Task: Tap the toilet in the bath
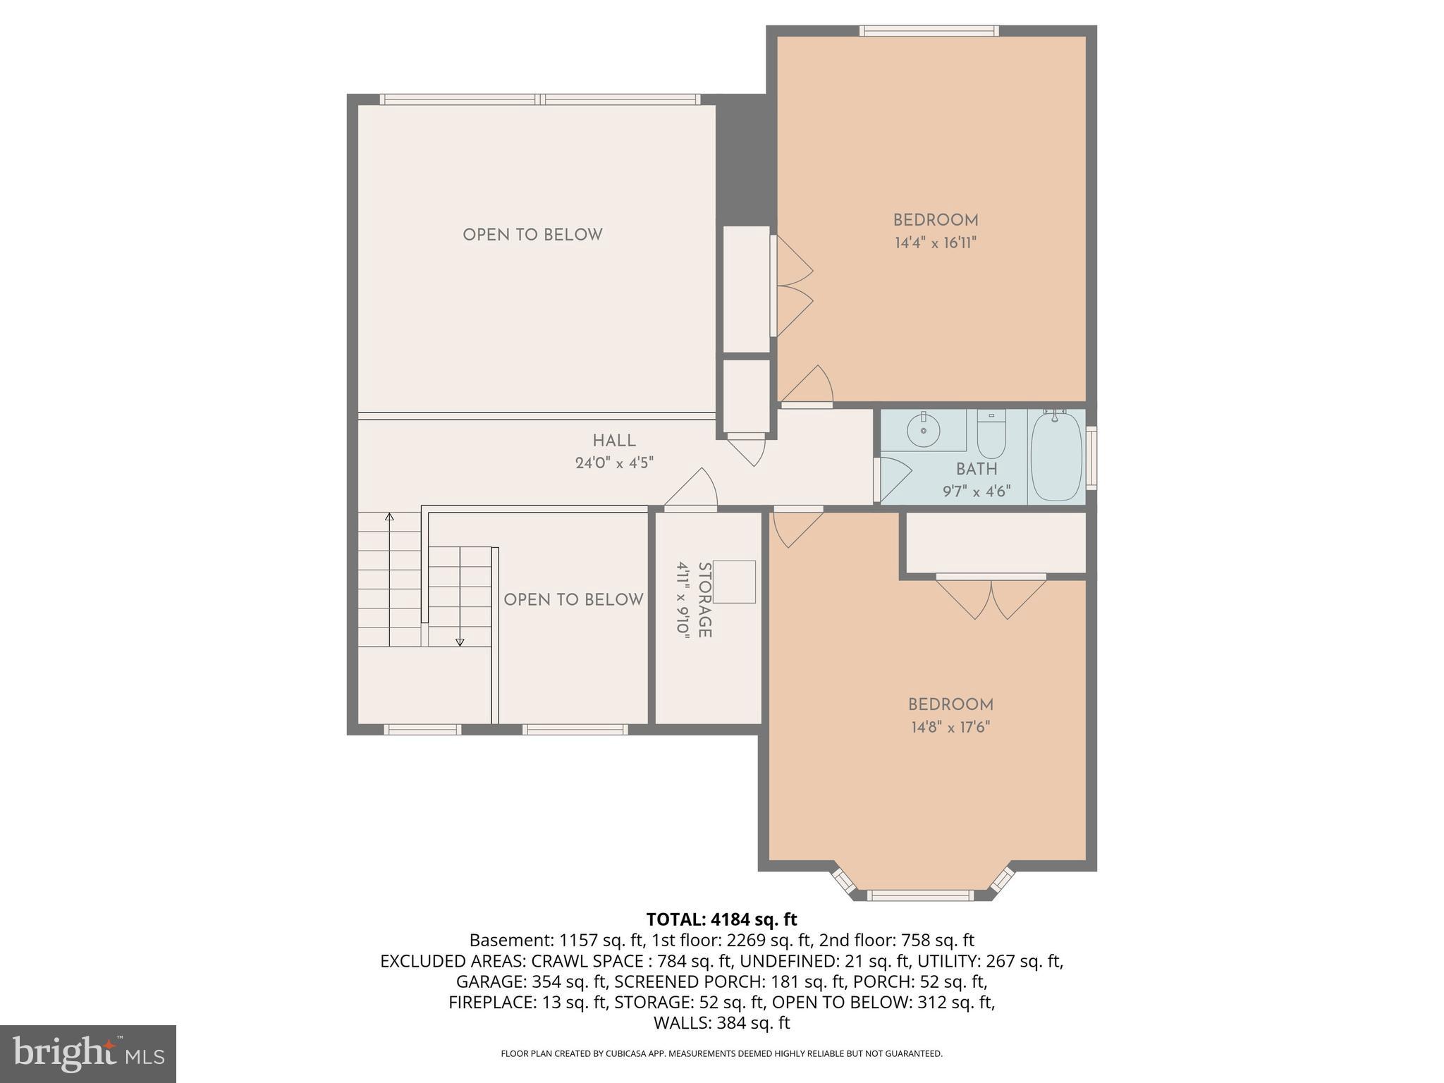[991, 436]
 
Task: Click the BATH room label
[977, 469]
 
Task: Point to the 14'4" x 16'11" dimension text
[936, 243]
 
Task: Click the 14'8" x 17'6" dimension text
[950, 727]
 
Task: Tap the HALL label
[614, 441]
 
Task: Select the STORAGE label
[704, 600]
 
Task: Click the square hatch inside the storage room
[735, 582]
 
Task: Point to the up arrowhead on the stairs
[389, 517]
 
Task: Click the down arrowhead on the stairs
[460, 642]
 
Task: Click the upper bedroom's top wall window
[929, 31]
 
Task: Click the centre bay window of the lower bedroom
[919, 895]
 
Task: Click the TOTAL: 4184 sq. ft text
[721, 919]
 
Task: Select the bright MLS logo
[87, 1053]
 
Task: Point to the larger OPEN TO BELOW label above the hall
[532, 235]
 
